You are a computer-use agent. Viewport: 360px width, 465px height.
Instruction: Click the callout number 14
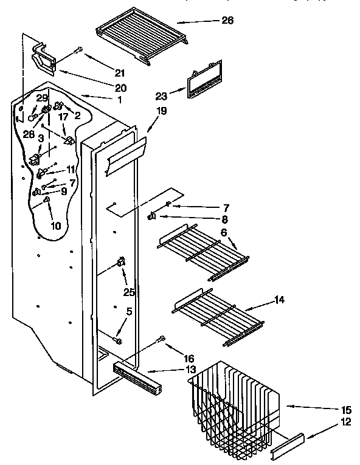[x=279, y=300]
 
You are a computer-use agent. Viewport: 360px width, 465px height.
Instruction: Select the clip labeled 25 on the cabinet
[x=120, y=262]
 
